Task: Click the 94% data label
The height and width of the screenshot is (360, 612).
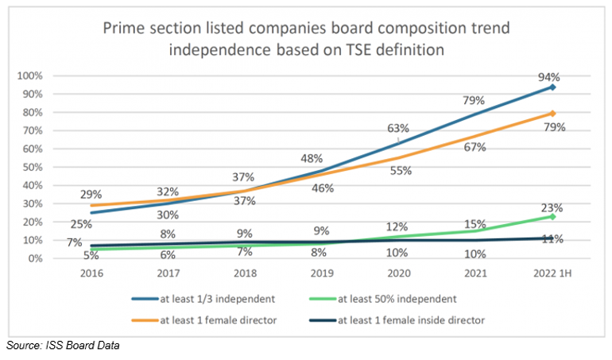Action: tap(549, 77)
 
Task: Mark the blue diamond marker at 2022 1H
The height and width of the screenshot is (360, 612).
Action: tap(551, 87)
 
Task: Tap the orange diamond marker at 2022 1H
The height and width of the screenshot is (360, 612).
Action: tap(551, 114)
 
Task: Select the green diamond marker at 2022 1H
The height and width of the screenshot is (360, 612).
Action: tap(551, 216)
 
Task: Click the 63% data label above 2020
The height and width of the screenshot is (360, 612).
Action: tap(397, 127)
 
